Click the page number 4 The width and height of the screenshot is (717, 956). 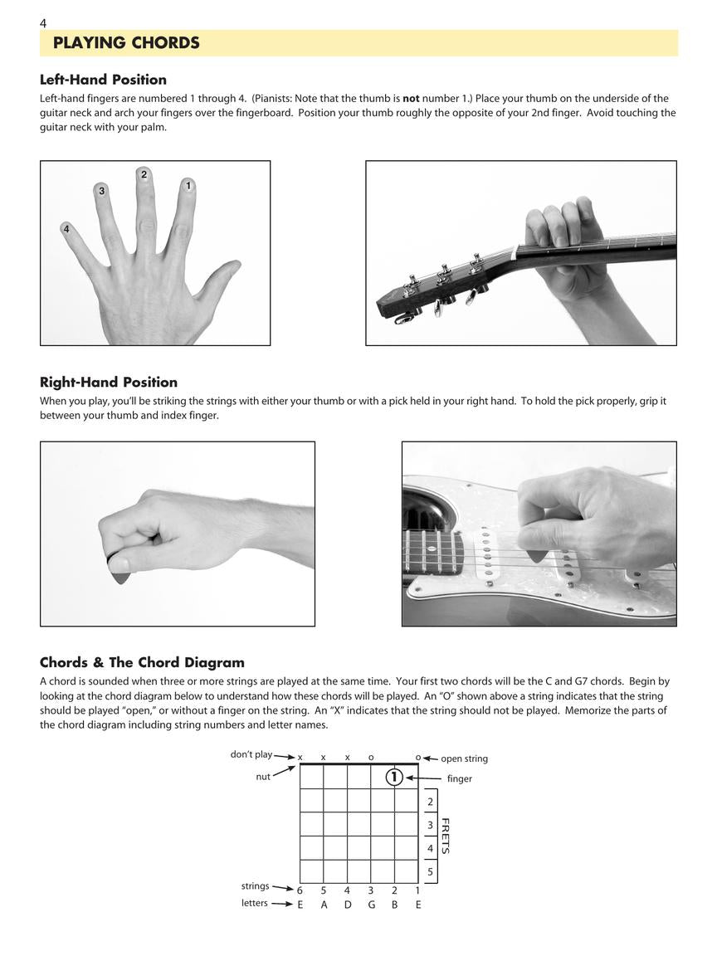click(43, 23)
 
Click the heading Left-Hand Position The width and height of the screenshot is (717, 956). click(103, 80)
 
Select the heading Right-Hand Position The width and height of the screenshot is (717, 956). click(109, 382)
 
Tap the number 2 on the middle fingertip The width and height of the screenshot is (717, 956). click(144, 174)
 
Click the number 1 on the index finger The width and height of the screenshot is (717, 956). click(188, 185)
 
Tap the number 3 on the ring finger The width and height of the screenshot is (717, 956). click(102, 191)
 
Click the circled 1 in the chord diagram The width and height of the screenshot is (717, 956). click(394, 778)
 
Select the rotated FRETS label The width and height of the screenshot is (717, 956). click(446, 836)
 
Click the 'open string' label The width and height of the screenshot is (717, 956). click(464, 758)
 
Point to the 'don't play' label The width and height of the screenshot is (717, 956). click(251, 754)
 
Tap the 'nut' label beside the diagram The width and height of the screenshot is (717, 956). click(263, 777)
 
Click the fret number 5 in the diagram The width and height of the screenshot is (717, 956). click(430, 872)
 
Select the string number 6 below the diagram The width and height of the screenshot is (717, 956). click(300, 890)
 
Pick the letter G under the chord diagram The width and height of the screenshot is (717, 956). click(371, 905)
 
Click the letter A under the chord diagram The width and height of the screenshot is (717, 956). click(324, 905)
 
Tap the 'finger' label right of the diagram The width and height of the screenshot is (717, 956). click(460, 778)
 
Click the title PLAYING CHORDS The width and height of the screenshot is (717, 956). click(126, 43)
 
